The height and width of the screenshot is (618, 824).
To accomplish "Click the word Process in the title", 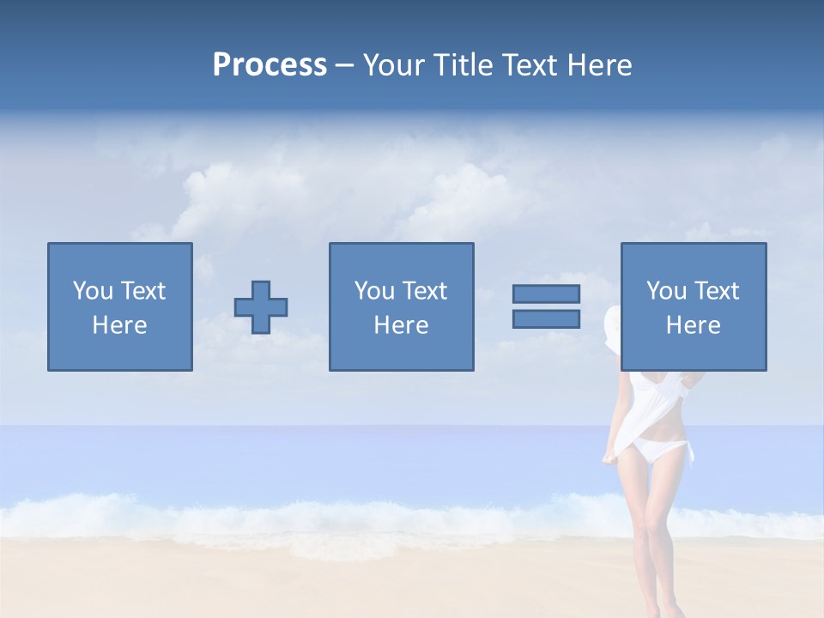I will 270,65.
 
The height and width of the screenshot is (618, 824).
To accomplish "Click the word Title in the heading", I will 463,65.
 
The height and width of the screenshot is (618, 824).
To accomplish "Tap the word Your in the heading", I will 396,65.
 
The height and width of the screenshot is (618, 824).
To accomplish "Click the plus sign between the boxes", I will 261,307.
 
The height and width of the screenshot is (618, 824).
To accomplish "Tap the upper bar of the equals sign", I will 546,294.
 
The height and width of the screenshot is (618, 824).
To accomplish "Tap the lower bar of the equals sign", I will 546,319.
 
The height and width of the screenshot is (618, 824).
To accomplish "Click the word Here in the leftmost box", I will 120,325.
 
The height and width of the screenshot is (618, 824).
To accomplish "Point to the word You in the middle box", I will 374,291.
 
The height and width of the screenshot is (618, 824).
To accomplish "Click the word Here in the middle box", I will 402,325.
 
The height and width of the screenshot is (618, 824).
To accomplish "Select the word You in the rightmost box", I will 666,291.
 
